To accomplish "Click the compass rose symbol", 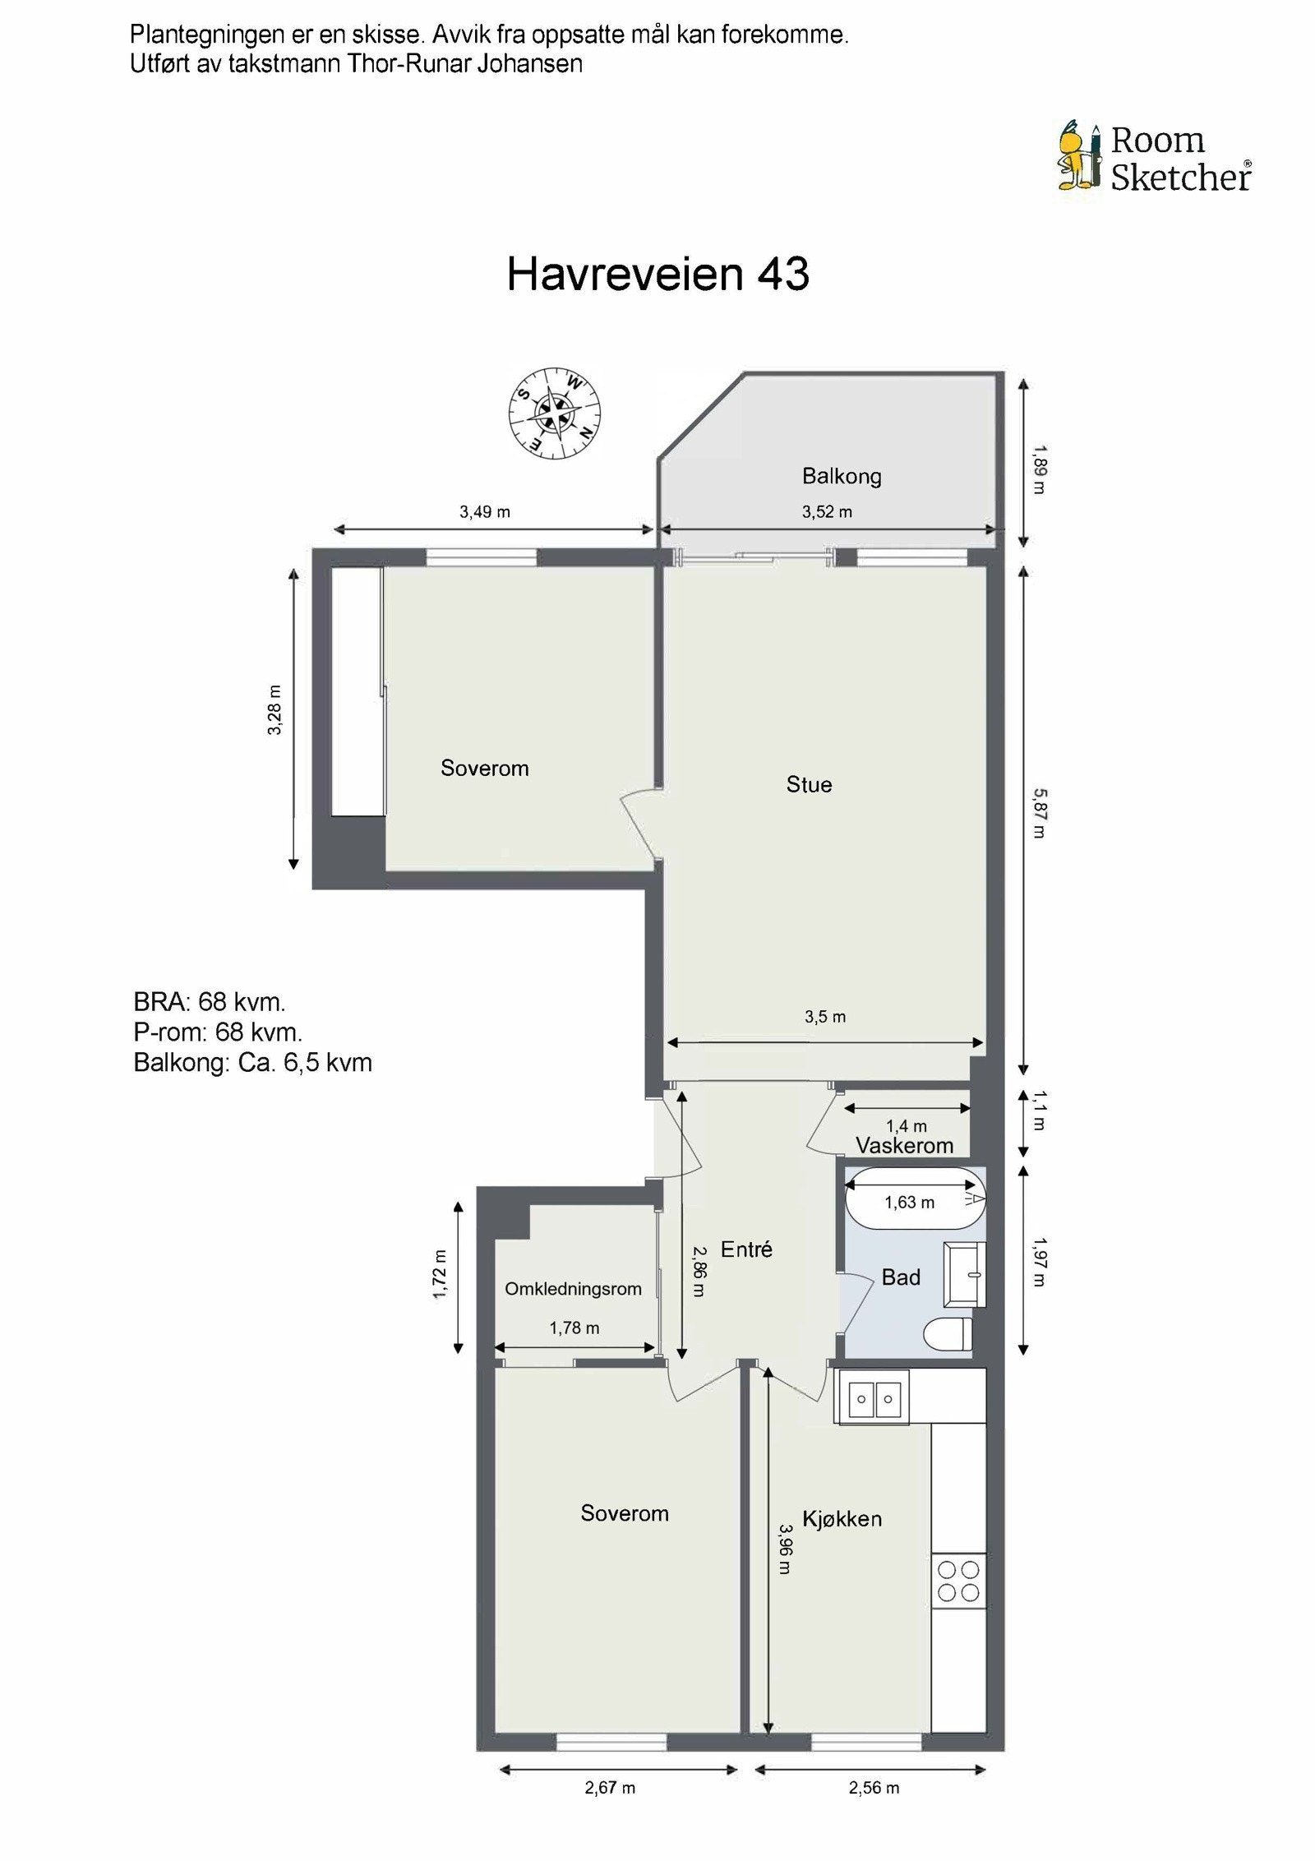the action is point(554,413).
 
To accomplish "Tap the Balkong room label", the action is point(842,476).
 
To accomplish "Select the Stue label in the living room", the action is point(809,784).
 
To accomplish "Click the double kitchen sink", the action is point(872,1397).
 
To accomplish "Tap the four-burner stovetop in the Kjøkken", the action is point(958,1581).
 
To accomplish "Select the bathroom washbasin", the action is point(964,1274).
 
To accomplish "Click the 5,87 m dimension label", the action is point(1039,813).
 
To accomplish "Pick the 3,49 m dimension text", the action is point(485,512).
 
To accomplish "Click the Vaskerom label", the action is point(904,1145).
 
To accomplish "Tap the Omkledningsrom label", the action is point(573,1289).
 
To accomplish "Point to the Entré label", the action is point(746,1249).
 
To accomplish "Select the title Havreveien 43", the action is point(658,274).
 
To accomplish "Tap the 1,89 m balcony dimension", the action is point(1039,469).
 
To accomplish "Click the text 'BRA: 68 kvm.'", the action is point(210,1001).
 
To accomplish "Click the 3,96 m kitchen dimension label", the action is point(785,1549).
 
